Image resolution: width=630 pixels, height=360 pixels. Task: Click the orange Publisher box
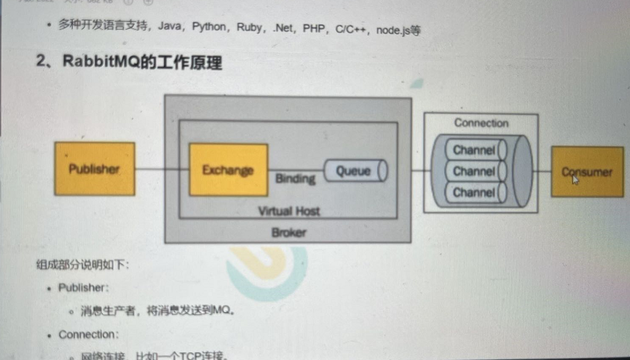pos(94,169)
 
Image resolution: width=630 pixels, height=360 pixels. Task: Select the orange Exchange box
pos(228,169)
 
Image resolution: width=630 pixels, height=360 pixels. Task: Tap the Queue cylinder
pos(356,171)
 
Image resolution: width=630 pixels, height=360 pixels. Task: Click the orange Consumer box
pos(586,172)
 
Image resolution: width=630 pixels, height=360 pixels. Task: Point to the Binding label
pos(295,179)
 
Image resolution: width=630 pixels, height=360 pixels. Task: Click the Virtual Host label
pos(289,211)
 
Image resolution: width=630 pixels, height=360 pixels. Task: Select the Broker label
pos(289,233)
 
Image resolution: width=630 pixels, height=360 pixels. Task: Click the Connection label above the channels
pos(481,123)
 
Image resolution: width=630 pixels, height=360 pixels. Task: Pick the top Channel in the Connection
pos(474,150)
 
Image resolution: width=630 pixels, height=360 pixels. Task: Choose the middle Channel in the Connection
pos(474,171)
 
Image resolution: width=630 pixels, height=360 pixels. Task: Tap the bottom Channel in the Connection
pos(474,193)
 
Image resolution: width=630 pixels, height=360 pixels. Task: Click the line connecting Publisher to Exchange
pos(161,169)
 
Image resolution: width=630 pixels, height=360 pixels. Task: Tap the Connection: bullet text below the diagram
pos(88,334)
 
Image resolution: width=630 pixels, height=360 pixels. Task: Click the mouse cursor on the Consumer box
pos(574,179)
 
